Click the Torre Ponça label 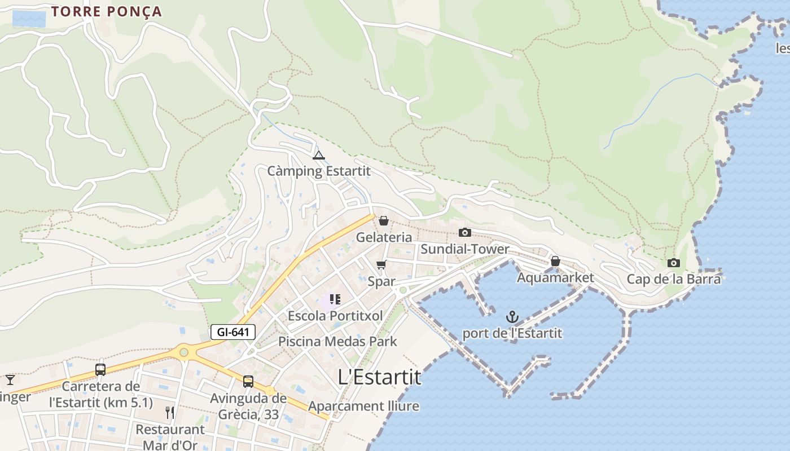pos(106,11)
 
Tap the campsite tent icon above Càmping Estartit pos(319,155)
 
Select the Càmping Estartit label pos(319,171)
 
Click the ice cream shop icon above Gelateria pos(384,220)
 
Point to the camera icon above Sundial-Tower pos(464,232)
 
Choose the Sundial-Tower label pos(465,249)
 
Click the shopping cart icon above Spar pos(381,264)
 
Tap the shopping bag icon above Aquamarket pos(555,261)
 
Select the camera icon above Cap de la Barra pos(673,263)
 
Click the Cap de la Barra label pos(674,279)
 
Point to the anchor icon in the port pos(512,316)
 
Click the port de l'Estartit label pos(512,333)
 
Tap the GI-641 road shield pos(233,332)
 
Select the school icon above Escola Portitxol pos(335,299)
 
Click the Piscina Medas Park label pos(337,342)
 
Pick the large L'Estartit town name pos(380,377)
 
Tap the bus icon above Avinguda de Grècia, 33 pos(248,382)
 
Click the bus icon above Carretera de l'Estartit pos(100,370)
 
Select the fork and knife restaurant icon pos(170,413)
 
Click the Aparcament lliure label pos(363,406)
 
